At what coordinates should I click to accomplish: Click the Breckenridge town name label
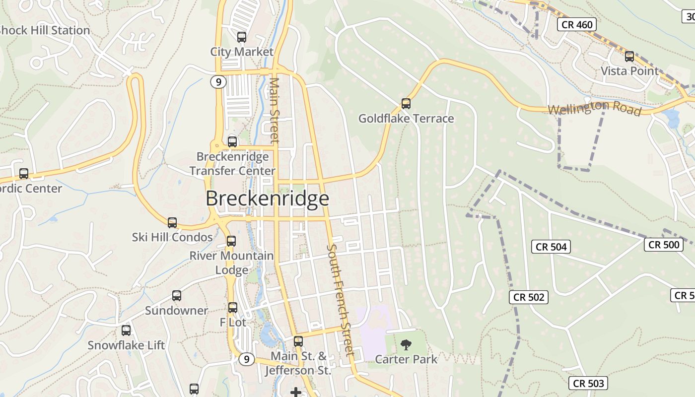click(267, 198)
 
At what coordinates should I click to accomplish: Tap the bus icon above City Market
click(242, 37)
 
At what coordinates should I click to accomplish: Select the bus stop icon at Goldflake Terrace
click(406, 104)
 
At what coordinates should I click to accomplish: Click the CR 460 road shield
click(576, 24)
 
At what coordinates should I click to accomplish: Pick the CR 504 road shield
click(551, 247)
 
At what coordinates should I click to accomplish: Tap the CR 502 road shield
click(529, 297)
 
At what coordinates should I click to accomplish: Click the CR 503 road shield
click(588, 383)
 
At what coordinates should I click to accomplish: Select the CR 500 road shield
click(664, 244)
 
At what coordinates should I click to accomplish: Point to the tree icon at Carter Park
click(406, 344)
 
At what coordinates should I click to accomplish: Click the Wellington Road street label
click(595, 108)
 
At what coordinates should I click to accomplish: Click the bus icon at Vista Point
click(629, 57)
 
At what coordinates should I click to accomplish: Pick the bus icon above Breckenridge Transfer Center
click(232, 142)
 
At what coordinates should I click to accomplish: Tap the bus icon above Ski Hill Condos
click(172, 223)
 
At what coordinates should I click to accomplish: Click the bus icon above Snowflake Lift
click(126, 331)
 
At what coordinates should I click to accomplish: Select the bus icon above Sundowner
click(177, 296)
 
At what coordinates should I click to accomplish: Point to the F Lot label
click(233, 322)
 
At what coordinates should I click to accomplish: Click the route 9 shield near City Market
click(218, 82)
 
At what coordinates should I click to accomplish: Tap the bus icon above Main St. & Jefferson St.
click(298, 341)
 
